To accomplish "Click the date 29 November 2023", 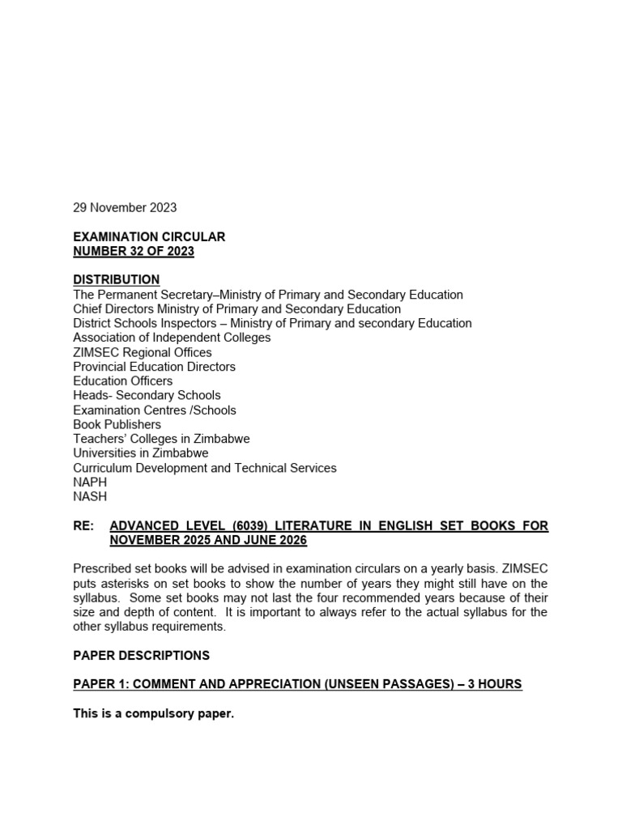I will pos(125,207).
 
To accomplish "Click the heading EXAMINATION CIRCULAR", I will pos(149,236).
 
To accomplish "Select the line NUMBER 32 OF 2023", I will pos(134,251).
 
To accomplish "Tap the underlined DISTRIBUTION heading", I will pos(117,279).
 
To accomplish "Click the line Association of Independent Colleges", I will pos(172,338).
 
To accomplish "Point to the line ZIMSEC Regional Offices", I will pos(143,352).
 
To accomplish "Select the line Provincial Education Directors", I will pos(154,367).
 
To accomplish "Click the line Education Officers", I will pos(122,380).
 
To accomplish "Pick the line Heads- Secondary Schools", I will pos(147,395).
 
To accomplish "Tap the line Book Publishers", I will pos(117,424).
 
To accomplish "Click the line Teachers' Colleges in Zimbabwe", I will pos(161,439).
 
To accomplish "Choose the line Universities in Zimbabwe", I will pos(140,453).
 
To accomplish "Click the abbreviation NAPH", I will pos(90,482).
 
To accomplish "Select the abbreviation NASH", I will pos(90,496).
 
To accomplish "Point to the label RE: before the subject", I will pos(84,526).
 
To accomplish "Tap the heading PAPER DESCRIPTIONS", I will pos(141,655).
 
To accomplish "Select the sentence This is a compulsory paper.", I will pos(153,713).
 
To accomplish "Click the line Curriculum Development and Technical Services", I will pos(204,468).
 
